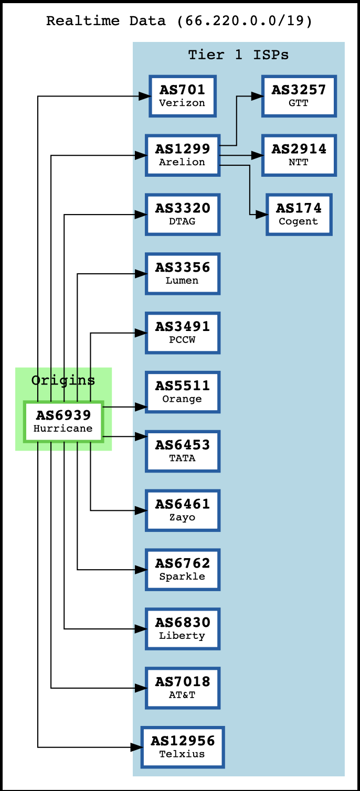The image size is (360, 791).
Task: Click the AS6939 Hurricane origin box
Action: click(x=63, y=422)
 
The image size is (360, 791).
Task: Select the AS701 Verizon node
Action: click(x=182, y=96)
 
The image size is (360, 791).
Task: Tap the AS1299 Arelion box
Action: click(x=182, y=155)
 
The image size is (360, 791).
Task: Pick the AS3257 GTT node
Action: click(x=299, y=96)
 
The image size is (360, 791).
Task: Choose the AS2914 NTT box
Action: click(x=299, y=155)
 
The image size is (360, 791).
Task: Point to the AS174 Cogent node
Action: click(x=299, y=215)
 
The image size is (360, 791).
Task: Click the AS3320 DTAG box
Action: click(x=182, y=215)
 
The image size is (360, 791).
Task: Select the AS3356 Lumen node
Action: click(x=182, y=274)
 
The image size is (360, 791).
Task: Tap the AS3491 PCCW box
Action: click(x=182, y=333)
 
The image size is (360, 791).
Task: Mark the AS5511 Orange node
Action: click(x=182, y=392)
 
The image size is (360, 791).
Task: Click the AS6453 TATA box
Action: click(x=182, y=451)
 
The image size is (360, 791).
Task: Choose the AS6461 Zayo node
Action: click(x=182, y=510)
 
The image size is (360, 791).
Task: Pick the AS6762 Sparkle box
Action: click(x=182, y=570)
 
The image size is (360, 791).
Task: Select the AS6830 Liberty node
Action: click(x=182, y=629)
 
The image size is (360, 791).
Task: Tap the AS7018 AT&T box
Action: click(x=182, y=688)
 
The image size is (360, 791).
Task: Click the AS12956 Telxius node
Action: click(x=182, y=747)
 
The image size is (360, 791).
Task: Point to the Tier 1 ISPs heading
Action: click(x=238, y=55)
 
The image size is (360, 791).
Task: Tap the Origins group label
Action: click(x=63, y=380)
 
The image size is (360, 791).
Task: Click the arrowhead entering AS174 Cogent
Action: click(x=261, y=215)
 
